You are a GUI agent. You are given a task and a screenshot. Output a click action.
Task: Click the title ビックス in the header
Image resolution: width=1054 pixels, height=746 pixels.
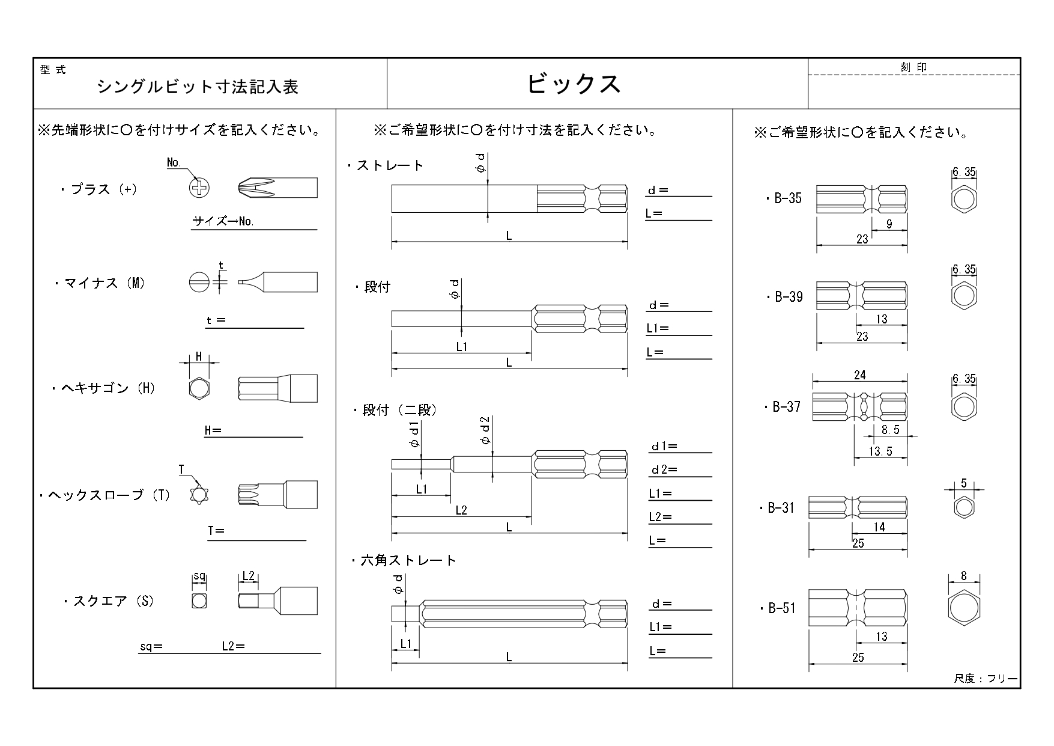(x=574, y=84)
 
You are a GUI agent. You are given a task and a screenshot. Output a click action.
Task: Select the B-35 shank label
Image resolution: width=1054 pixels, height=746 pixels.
(x=785, y=199)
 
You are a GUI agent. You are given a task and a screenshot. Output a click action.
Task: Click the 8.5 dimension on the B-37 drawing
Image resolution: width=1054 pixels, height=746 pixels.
(x=890, y=430)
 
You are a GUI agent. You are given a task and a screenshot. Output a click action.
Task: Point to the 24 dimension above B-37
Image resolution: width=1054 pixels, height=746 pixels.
(x=859, y=375)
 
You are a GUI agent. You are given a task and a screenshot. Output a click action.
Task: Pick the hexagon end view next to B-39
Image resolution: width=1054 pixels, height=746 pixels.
(x=964, y=296)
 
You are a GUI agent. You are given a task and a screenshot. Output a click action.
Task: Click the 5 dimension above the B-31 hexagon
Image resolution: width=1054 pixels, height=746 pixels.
(x=964, y=483)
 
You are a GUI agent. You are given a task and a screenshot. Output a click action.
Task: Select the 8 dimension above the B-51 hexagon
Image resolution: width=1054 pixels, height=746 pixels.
(x=964, y=576)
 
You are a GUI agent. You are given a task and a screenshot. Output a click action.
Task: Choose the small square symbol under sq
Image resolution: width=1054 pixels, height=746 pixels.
(x=199, y=600)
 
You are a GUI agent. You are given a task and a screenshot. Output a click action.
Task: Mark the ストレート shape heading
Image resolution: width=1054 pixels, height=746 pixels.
(x=386, y=165)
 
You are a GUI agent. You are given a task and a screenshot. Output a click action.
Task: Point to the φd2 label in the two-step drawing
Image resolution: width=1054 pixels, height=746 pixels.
(x=485, y=430)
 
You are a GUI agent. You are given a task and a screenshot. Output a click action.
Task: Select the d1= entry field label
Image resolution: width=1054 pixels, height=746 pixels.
(x=664, y=447)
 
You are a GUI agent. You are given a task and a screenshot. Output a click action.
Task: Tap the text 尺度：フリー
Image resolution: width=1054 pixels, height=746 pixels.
(x=985, y=679)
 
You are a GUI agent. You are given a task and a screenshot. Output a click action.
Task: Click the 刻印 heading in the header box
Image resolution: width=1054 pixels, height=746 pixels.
(x=913, y=67)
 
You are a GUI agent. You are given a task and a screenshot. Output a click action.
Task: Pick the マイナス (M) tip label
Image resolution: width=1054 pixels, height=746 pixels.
(x=100, y=283)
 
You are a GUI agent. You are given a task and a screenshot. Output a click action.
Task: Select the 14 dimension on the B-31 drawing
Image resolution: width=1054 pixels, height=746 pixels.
(x=879, y=527)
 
